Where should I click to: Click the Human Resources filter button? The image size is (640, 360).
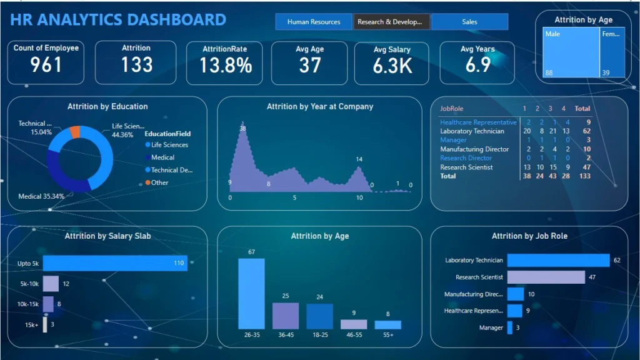pyautogui.click(x=314, y=22)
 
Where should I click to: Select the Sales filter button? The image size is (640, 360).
pyautogui.click(x=469, y=22)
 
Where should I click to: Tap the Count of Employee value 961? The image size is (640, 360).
pyautogui.click(x=46, y=65)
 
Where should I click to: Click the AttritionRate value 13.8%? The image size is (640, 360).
pyautogui.click(x=226, y=65)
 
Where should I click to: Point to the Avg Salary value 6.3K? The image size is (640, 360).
pyautogui.click(x=392, y=66)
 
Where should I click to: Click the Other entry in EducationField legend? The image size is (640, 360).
pyautogui.click(x=159, y=182)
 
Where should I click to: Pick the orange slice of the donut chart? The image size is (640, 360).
pyautogui.click(x=76, y=131)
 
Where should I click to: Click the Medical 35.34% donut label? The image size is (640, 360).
pyautogui.click(x=41, y=196)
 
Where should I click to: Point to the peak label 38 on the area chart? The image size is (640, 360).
pyautogui.click(x=242, y=129)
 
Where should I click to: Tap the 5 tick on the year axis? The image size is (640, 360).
pyautogui.click(x=294, y=197)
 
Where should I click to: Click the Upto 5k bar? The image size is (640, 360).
pyautogui.click(x=114, y=263)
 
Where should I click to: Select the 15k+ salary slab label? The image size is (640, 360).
pyautogui.click(x=31, y=325)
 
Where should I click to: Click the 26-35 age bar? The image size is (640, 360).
pyautogui.click(x=251, y=293)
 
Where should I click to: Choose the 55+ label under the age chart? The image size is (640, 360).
pyautogui.click(x=387, y=335)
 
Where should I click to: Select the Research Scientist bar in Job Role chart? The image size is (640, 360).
pyautogui.click(x=546, y=277)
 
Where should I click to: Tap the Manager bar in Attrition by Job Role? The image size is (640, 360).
pyautogui.click(x=510, y=327)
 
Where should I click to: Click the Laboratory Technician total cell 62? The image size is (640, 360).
pyautogui.click(x=586, y=131)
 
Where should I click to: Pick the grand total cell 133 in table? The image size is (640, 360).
pyautogui.click(x=584, y=176)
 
